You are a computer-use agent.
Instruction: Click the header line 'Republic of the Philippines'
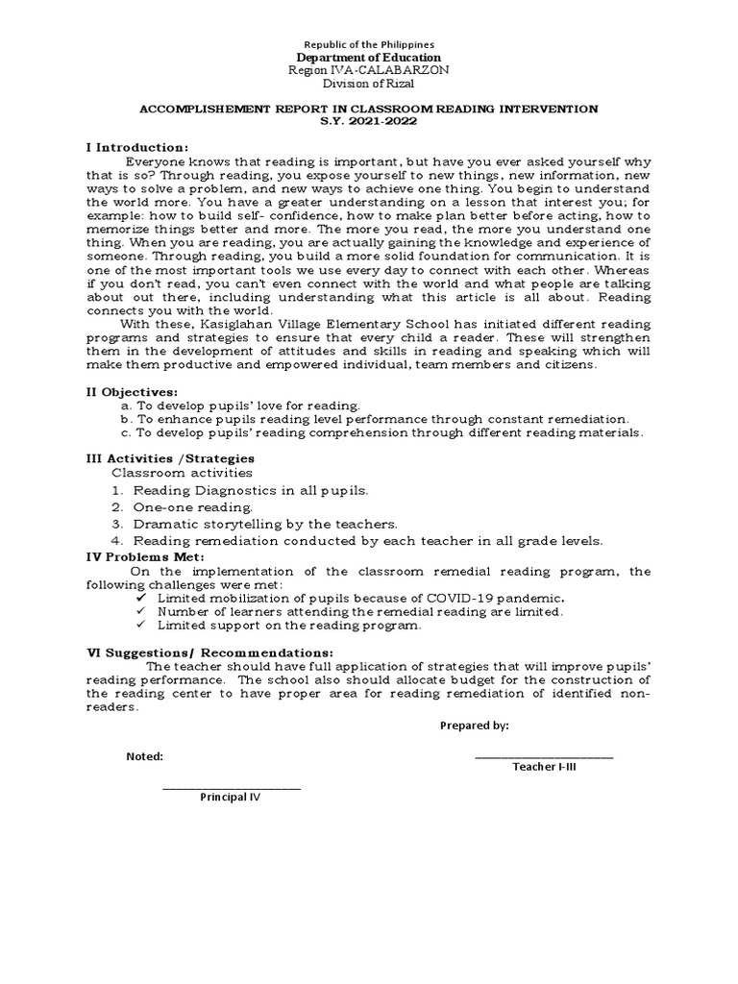(369, 44)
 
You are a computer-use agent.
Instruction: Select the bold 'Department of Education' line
(369, 58)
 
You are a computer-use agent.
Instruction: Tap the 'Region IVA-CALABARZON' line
(369, 71)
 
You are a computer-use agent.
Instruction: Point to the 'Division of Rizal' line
(369, 85)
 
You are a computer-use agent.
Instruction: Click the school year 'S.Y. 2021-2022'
(369, 123)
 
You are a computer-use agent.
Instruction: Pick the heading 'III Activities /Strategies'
(170, 457)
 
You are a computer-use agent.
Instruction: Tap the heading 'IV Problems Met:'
(137, 556)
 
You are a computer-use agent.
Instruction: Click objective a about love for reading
(241, 406)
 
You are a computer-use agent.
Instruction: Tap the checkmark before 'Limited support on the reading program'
(140, 625)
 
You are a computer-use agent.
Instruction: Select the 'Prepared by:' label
(474, 726)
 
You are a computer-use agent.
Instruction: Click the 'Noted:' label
(145, 756)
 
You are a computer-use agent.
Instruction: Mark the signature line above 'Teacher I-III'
(544, 757)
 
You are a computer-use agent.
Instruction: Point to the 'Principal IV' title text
(230, 798)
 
